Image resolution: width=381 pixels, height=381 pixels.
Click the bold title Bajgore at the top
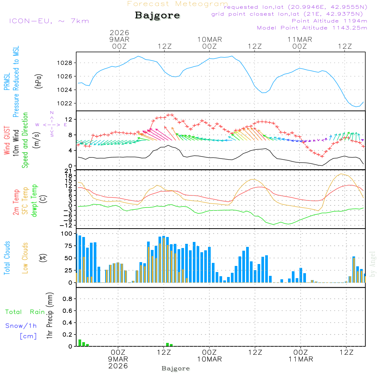[x=157, y=16]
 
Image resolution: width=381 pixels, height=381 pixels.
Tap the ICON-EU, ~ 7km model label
[x=49, y=21]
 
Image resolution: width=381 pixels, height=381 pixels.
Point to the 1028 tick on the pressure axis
[x=67, y=63]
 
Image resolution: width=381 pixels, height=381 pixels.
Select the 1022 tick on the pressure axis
[x=67, y=103]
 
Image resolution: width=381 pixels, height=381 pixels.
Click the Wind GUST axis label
[x=7, y=141]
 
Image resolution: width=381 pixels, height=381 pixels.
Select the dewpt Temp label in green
[x=34, y=201]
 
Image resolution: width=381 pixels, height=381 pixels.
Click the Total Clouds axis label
[x=7, y=258]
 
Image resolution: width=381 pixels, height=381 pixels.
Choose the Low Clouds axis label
[x=25, y=258]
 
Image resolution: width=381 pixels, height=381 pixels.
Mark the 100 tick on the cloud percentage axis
[x=67, y=234]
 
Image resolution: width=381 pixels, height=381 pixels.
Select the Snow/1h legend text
[x=21, y=326]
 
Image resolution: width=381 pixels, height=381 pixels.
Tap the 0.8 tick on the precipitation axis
[x=67, y=299]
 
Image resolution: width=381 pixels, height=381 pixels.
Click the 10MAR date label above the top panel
[x=210, y=39]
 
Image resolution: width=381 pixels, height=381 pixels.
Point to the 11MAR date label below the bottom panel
[x=301, y=359]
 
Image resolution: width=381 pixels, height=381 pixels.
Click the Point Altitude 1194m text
[x=329, y=21]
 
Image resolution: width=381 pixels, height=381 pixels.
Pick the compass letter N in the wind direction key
[x=52, y=113]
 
